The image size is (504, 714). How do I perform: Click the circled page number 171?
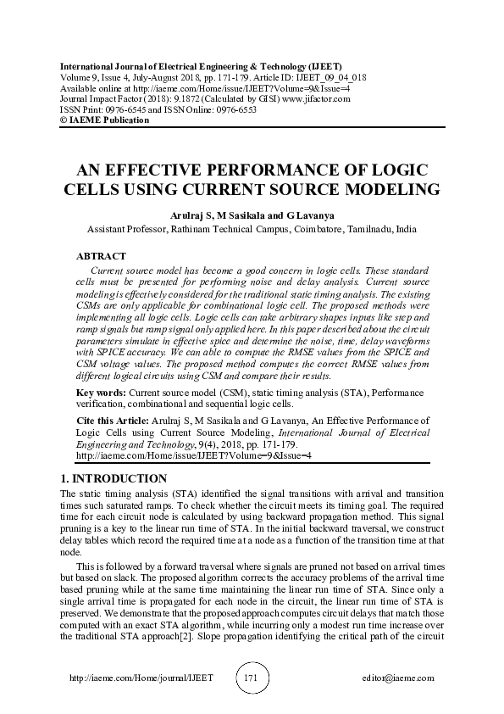coord(250,678)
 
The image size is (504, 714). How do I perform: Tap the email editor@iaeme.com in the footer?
coord(397,678)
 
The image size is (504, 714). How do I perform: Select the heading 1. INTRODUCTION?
coord(115,478)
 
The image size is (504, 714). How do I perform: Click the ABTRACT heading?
coord(101,256)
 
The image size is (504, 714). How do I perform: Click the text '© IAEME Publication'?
coord(104,120)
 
